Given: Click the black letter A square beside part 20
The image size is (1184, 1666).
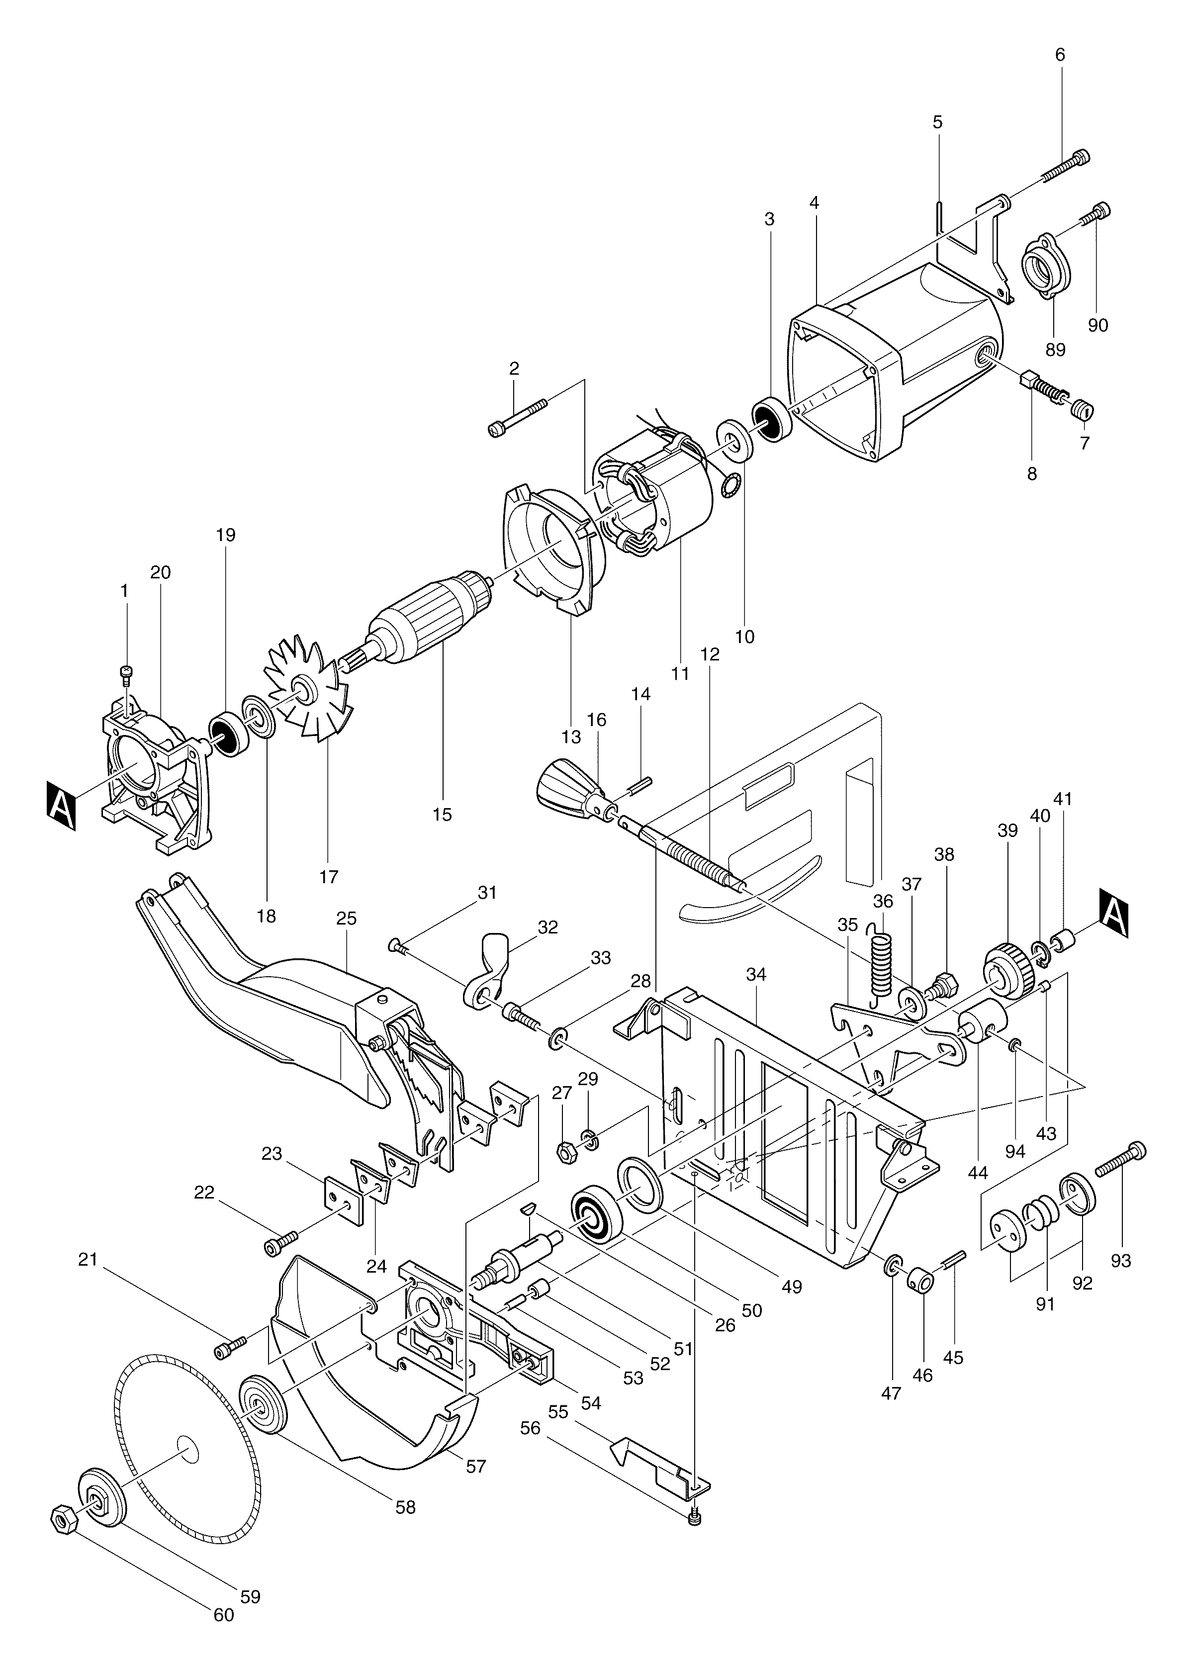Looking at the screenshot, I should pos(61,805).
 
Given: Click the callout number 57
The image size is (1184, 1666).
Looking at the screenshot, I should pos(476,1466).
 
